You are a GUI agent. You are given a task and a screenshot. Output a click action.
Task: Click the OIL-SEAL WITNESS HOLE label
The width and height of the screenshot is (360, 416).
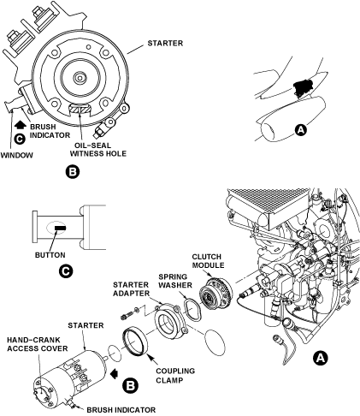pos(98,150)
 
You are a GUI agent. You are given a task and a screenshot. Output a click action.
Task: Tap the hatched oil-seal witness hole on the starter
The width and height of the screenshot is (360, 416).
pos(80,109)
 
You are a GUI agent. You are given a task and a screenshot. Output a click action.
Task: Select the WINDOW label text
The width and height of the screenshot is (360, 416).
pos(16,156)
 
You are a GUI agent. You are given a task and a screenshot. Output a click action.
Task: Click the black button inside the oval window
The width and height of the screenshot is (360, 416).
pos(60,228)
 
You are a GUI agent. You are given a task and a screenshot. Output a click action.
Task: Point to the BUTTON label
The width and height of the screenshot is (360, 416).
pos(50,255)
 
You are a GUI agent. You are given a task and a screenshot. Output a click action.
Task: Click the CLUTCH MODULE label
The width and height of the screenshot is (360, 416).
pos(208,261)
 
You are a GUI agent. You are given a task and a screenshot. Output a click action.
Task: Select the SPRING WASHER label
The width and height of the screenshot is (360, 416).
pos(175,281)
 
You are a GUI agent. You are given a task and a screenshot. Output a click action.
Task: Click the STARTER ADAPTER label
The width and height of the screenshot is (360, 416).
pos(131,289)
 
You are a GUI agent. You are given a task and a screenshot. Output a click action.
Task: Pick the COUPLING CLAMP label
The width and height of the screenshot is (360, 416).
pos(175,376)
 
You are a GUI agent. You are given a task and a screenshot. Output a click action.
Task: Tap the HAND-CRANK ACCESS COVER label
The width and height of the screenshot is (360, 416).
pos(38,344)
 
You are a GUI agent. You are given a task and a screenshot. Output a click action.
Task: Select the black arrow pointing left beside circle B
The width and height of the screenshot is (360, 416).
pos(115,373)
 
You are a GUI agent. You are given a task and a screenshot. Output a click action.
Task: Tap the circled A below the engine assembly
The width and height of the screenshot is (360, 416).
pos(321,359)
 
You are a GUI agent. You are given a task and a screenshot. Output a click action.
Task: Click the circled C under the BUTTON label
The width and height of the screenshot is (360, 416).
pos(66,271)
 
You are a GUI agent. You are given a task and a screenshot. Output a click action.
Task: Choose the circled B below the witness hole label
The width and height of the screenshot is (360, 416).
pos(73,172)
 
